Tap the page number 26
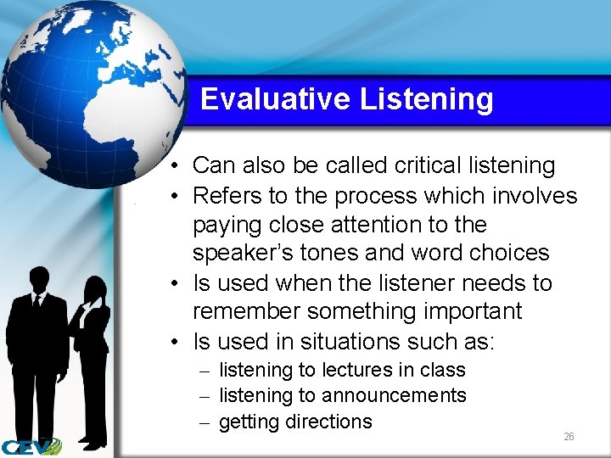(x=569, y=437)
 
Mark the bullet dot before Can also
(x=172, y=166)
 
